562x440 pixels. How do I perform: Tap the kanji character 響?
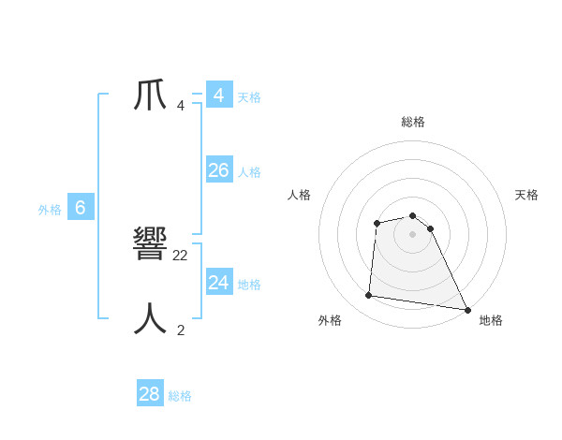(x=150, y=245)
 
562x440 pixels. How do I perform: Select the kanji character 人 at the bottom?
(x=150, y=319)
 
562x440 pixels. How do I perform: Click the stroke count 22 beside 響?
(x=181, y=255)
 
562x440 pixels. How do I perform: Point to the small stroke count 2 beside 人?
(x=181, y=330)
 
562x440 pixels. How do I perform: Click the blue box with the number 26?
(x=219, y=170)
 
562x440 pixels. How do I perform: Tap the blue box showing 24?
(x=219, y=282)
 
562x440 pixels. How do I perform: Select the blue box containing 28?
(x=150, y=393)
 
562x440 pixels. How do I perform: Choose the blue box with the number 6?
(x=81, y=208)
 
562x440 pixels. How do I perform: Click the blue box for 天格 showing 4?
(x=219, y=95)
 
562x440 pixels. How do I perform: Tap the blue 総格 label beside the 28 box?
(x=180, y=396)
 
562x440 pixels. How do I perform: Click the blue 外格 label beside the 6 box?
(x=50, y=211)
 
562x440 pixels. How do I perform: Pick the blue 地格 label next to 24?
(x=249, y=285)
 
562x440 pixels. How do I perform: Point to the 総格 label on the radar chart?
(x=413, y=122)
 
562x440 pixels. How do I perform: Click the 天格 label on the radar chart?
(x=527, y=195)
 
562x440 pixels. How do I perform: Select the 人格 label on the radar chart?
(x=300, y=195)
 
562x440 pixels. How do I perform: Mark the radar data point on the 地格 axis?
(x=467, y=309)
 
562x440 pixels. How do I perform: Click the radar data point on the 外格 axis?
(x=369, y=296)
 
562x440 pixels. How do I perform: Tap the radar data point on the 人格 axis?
(x=377, y=223)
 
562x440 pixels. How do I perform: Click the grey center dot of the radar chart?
(x=413, y=234)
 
